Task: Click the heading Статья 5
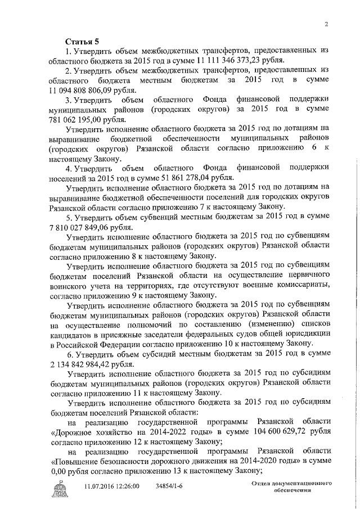click(x=82, y=42)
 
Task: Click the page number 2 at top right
click(x=326, y=23)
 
